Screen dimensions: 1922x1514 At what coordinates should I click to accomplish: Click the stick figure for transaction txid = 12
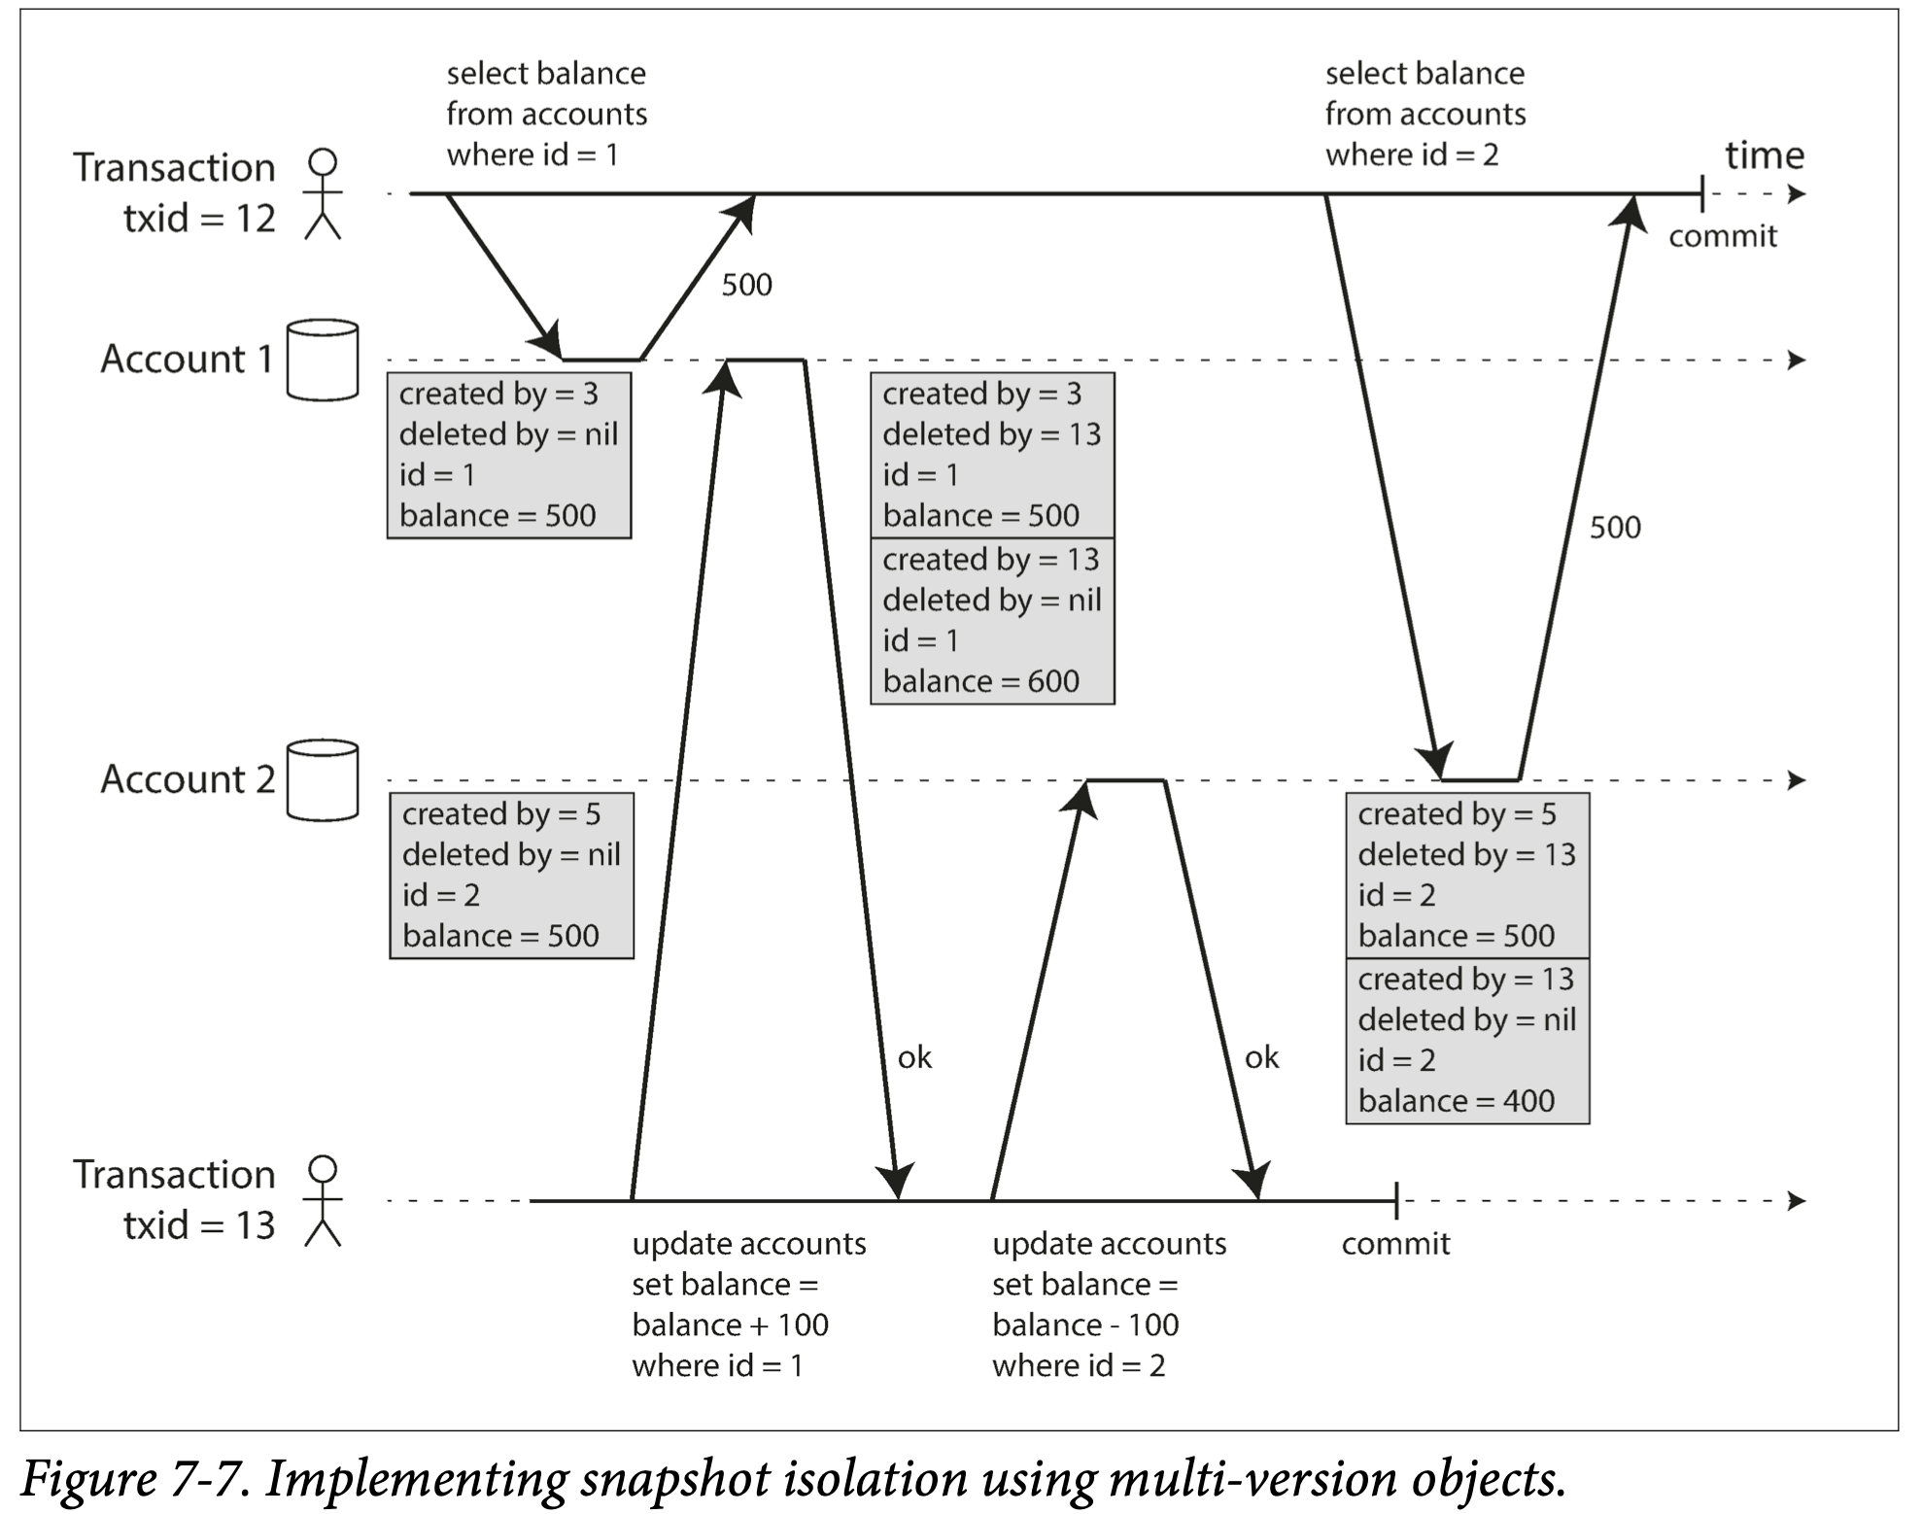(x=323, y=193)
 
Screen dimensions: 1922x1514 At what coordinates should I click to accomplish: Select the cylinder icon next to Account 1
(x=323, y=360)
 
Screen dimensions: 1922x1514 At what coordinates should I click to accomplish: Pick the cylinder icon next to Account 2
(x=323, y=780)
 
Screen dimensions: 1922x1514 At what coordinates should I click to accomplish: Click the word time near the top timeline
(x=1764, y=155)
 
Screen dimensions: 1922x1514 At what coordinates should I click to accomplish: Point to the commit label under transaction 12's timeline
(x=1722, y=236)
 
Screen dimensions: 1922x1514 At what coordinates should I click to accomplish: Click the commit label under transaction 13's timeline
(x=1395, y=1244)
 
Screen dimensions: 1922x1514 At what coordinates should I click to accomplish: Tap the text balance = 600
(x=980, y=681)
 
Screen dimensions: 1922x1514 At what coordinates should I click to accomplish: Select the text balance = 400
(x=1456, y=1101)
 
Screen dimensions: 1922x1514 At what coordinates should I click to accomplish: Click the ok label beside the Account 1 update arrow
(x=914, y=1057)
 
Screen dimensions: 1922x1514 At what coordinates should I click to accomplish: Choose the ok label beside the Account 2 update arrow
(x=1261, y=1057)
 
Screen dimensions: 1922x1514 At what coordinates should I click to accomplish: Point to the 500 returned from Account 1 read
(x=746, y=285)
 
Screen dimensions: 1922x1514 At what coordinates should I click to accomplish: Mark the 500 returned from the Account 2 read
(x=1615, y=528)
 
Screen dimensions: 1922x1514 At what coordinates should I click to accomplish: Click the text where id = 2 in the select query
(x=1412, y=155)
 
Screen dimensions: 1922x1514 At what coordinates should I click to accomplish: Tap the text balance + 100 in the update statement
(x=730, y=1325)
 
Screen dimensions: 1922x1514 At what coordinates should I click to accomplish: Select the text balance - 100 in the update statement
(x=1085, y=1325)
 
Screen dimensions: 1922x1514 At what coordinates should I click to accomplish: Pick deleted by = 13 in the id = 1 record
(x=991, y=434)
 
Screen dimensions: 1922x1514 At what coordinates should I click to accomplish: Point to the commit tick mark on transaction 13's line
(x=1396, y=1201)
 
